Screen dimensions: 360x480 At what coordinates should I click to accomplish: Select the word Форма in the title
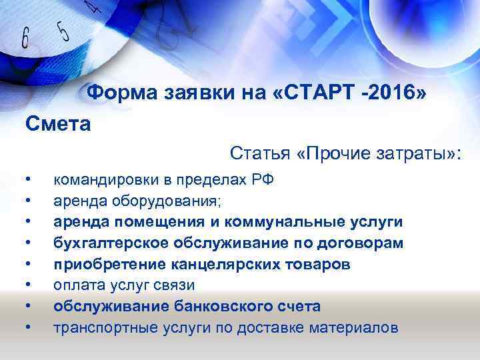click(119, 92)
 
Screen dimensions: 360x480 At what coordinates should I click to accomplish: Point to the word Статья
click(258, 154)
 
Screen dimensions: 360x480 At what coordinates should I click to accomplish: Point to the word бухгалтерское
click(105, 243)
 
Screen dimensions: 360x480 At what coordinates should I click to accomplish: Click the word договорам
click(363, 243)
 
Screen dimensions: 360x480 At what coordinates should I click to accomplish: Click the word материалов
click(358, 328)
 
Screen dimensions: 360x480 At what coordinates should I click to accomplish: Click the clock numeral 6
click(25, 38)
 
